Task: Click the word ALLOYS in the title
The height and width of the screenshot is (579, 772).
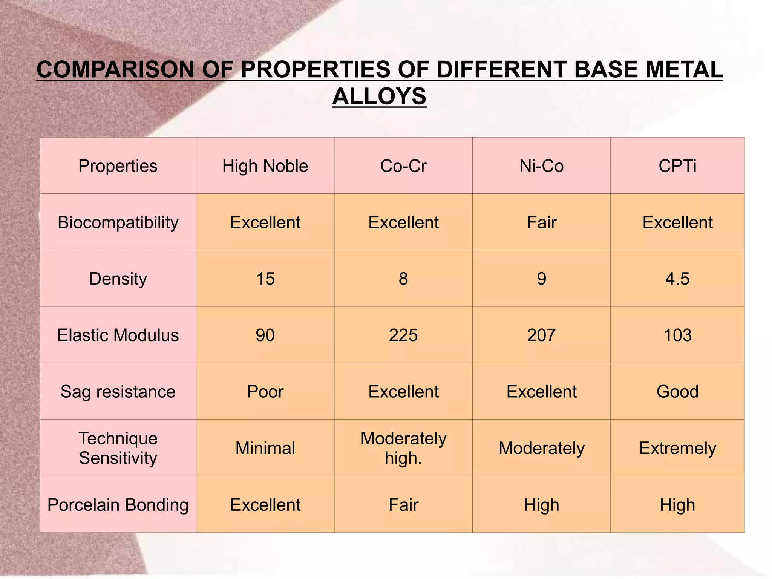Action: (379, 96)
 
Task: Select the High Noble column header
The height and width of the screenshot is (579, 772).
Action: (265, 166)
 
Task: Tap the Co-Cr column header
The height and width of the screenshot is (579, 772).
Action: (403, 166)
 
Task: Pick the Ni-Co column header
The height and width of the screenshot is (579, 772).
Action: (541, 166)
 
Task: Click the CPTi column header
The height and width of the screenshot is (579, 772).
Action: (677, 166)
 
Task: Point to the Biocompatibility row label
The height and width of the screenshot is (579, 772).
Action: (118, 222)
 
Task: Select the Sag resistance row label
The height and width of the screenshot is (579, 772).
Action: (118, 392)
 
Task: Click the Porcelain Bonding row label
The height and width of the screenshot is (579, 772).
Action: (118, 505)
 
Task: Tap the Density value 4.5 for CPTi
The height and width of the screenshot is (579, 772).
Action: (677, 279)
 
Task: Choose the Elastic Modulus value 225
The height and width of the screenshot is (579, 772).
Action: (403, 335)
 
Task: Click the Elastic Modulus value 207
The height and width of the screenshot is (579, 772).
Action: (541, 335)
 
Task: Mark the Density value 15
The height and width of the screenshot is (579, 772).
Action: (265, 279)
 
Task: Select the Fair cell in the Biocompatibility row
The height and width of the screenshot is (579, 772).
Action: (541, 222)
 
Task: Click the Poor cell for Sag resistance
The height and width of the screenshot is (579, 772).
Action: (265, 392)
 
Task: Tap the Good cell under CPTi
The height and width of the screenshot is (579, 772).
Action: (677, 392)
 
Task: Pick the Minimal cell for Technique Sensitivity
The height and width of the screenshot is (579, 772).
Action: (265, 448)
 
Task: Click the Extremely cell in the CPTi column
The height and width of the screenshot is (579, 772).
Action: (677, 448)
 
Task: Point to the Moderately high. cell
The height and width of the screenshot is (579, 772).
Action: (403, 448)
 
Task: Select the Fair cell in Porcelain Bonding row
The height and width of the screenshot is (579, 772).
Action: (403, 505)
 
